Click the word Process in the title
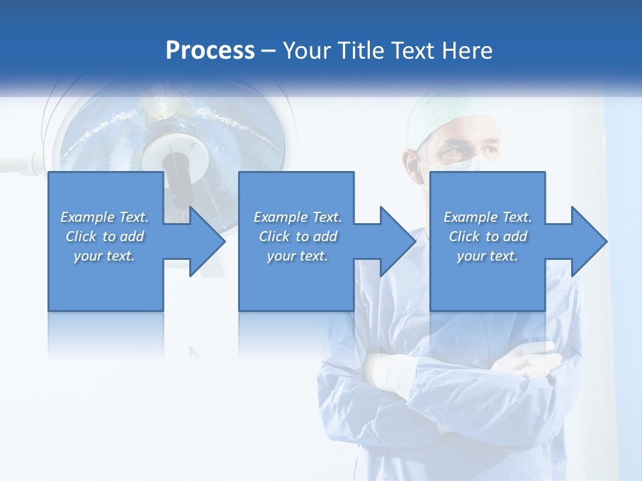point(210,51)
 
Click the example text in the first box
point(105,236)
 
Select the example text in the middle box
point(297,236)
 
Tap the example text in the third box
point(488,236)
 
